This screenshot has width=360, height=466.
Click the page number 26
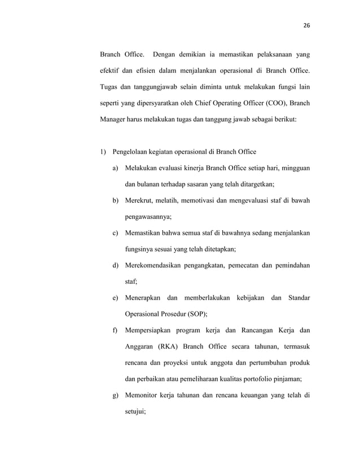[x=307, y=26]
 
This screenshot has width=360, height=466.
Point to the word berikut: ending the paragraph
[x=288, y=120]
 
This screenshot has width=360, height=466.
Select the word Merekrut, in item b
[x=142, y=200]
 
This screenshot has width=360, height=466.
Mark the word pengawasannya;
[x=149, y=217]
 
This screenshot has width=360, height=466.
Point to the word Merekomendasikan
[x=161, y=265]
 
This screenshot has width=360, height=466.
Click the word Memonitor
[x=144, y=395]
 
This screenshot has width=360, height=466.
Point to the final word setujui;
[x=135, y=411]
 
